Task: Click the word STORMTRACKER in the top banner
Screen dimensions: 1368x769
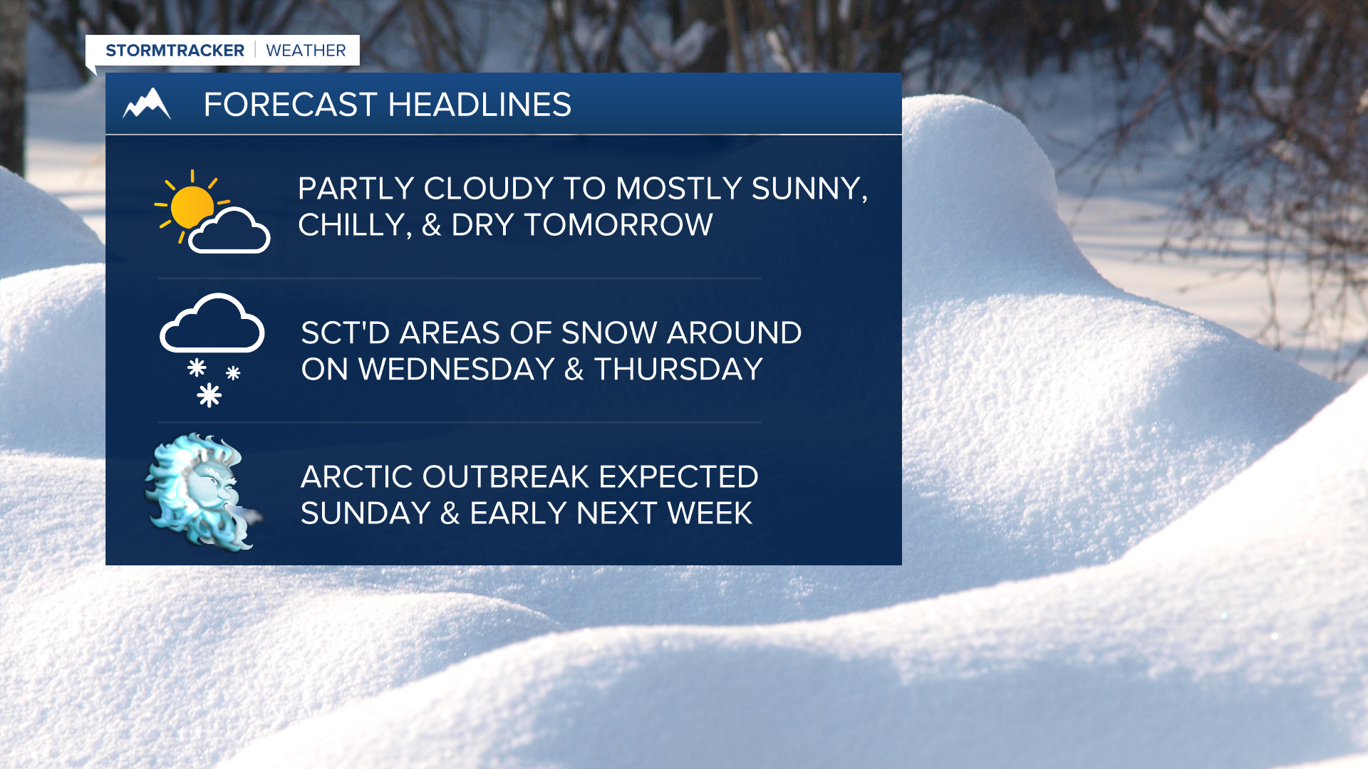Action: (x=175, y=51)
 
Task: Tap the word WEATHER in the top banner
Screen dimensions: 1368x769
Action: (x=306, y=51)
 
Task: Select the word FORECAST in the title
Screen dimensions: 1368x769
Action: (x=290, y=105)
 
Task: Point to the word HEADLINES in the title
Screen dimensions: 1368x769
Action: (x=480, y=105)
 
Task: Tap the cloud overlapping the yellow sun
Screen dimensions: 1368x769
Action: (x=229, y=231)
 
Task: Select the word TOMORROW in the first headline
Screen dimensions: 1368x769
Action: (x=618, y=225)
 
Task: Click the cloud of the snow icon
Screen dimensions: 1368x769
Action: (x=212, y=323)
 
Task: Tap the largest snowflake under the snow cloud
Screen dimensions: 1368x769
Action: (x=209, y=394)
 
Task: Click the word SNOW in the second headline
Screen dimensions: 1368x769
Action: (x=609, y=333)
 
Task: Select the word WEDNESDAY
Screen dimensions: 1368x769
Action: (x=456, y=370)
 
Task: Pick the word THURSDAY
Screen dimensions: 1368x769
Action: (x=678, y=370)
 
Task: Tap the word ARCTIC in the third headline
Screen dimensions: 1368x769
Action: (x=356, y=477)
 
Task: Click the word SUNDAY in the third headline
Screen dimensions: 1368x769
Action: (x=366, y=513)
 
